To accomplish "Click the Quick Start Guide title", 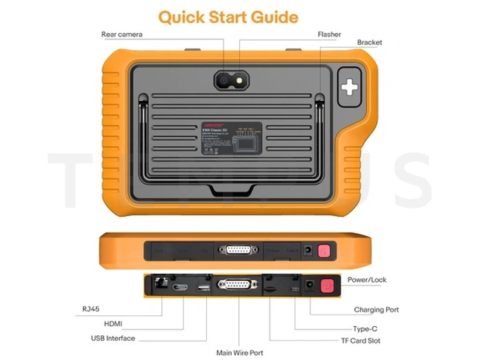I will [228, 17].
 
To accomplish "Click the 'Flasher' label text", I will [329, 34].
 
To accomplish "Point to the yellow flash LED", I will [239, 80].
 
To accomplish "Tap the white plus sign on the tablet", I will [350, 86].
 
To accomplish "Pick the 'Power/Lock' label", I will [368, 280].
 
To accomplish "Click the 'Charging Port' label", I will [376, 310].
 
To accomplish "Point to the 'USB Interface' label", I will [113, 339].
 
